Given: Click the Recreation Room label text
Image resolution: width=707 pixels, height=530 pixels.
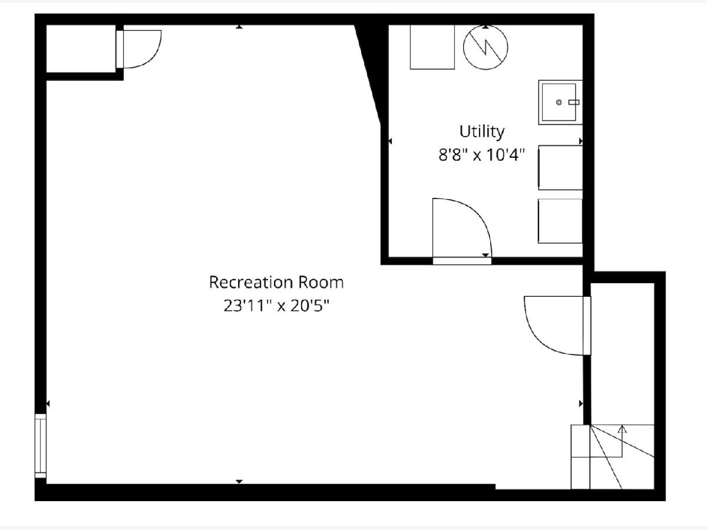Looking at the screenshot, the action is (x=276, y=282).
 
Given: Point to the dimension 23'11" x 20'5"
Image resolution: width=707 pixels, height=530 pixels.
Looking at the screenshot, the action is (x=277, y=306).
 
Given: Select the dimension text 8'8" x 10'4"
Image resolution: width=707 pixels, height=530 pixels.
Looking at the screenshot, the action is (x=482, y=155).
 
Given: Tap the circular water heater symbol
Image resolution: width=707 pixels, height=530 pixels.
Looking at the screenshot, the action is (x=485, y=47).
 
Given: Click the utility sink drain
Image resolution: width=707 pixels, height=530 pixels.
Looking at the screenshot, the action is (x=559, y=102).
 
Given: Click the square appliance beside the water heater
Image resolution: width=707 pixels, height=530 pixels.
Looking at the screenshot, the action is (x=432, y=47).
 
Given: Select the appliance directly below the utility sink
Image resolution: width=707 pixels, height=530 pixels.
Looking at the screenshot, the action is (x=560, y=167).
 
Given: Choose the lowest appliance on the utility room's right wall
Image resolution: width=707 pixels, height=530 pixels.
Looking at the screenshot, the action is (x=560, y=221).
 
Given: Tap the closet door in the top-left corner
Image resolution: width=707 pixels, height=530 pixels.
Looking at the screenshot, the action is (x=120, y=49).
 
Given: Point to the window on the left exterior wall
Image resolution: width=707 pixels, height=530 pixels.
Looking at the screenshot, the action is (x=41, y=446).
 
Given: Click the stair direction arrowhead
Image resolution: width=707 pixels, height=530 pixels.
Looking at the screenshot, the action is (x=623, y=429).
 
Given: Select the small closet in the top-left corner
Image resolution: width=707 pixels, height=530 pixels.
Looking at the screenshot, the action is (x=81, y=49).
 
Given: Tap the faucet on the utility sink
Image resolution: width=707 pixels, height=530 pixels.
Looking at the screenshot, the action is (x=574, y=102).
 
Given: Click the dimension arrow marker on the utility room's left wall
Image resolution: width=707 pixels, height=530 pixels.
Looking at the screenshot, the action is (x=390, y=141).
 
